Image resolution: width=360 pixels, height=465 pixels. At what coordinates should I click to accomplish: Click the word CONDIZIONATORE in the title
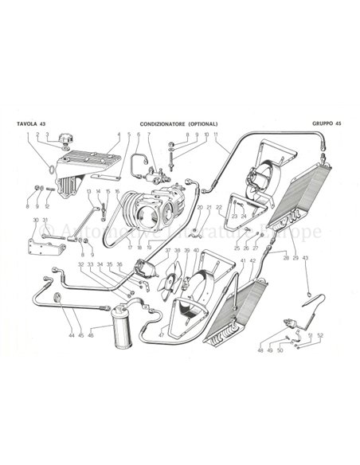tap(164, 125)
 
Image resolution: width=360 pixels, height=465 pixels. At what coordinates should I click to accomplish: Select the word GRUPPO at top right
tap(321, 125)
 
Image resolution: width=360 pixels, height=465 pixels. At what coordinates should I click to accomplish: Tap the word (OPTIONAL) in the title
tap(204, 125)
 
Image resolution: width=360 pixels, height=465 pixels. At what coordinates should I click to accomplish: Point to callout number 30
tap(35, 220)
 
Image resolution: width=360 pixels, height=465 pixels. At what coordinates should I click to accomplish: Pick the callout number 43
tap(305, 259)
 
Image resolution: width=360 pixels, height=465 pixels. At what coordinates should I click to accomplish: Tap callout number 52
tap(321, 334)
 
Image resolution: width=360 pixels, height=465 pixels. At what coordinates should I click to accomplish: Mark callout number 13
tap(88, 192)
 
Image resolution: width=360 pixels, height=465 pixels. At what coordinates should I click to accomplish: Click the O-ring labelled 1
tap(52, 169)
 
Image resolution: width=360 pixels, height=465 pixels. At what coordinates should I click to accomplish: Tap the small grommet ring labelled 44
tap(58, 299)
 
